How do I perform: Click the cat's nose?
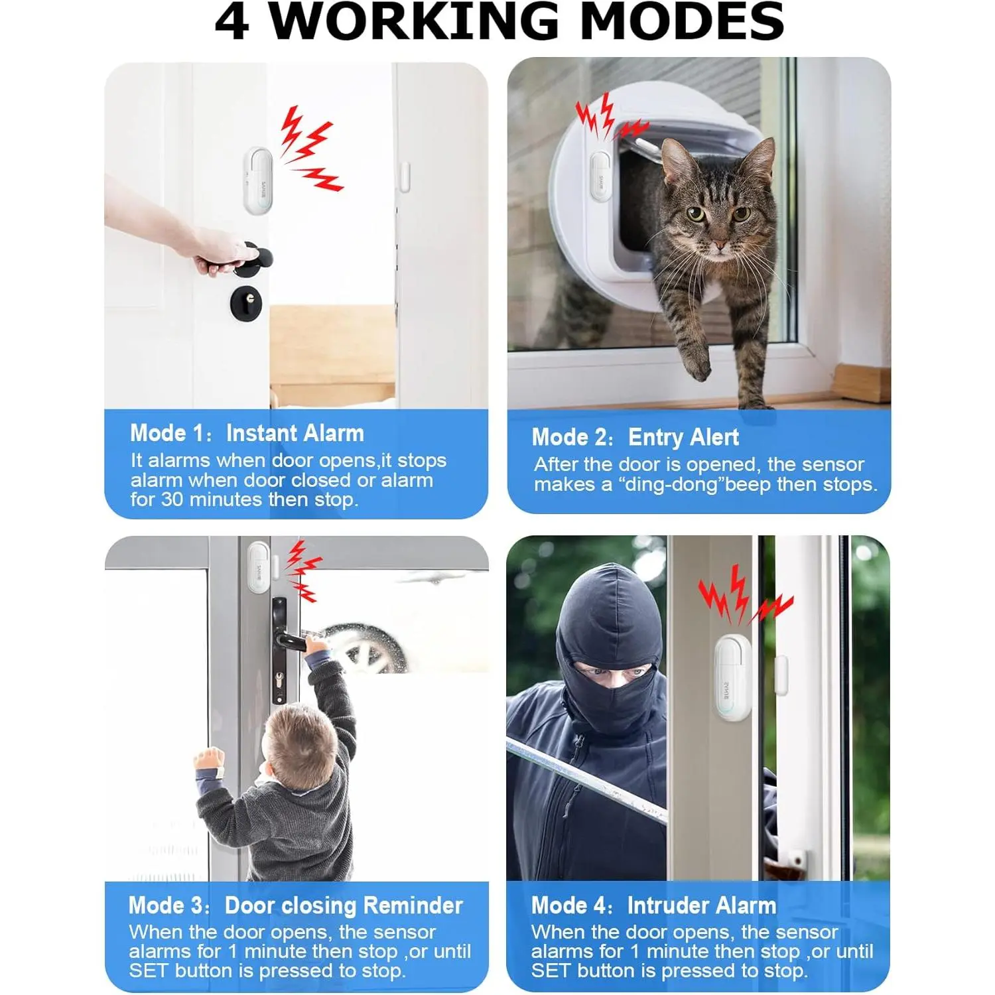[x=718, y=245]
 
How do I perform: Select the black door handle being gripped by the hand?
[x=235, y=260]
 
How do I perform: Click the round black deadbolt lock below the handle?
[x=246, y=304]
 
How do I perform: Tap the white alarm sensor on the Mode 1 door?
[x=257, y=180]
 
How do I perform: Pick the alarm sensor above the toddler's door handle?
[x=259, y=568]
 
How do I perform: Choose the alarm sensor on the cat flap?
[x=600, y=175]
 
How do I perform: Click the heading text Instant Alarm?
[x=295, y=433]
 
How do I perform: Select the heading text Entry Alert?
[x=683, y=437]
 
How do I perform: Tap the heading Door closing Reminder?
[x=344, y=905]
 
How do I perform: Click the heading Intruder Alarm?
[x=702, y=905]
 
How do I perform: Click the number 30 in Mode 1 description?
[x=172, y=499]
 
